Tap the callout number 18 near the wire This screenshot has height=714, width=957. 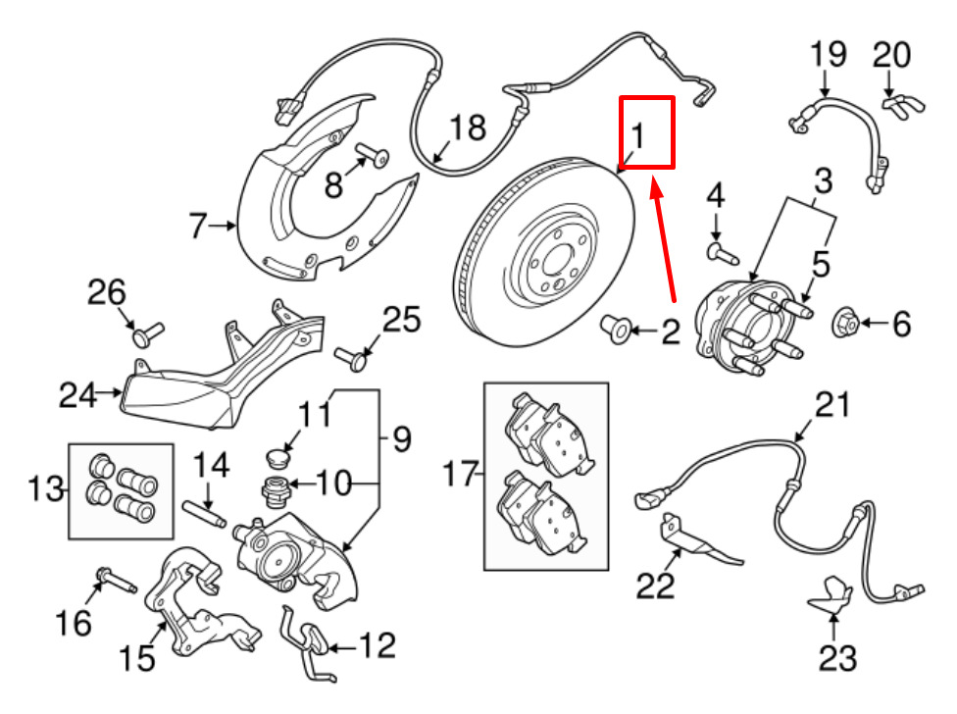click(468, 128)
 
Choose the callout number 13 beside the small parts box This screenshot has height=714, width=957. click(47, 486)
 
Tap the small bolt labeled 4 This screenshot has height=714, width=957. click(721, 252)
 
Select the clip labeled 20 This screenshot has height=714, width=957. click(894, 103)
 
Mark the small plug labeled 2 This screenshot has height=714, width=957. click(616, 331)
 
